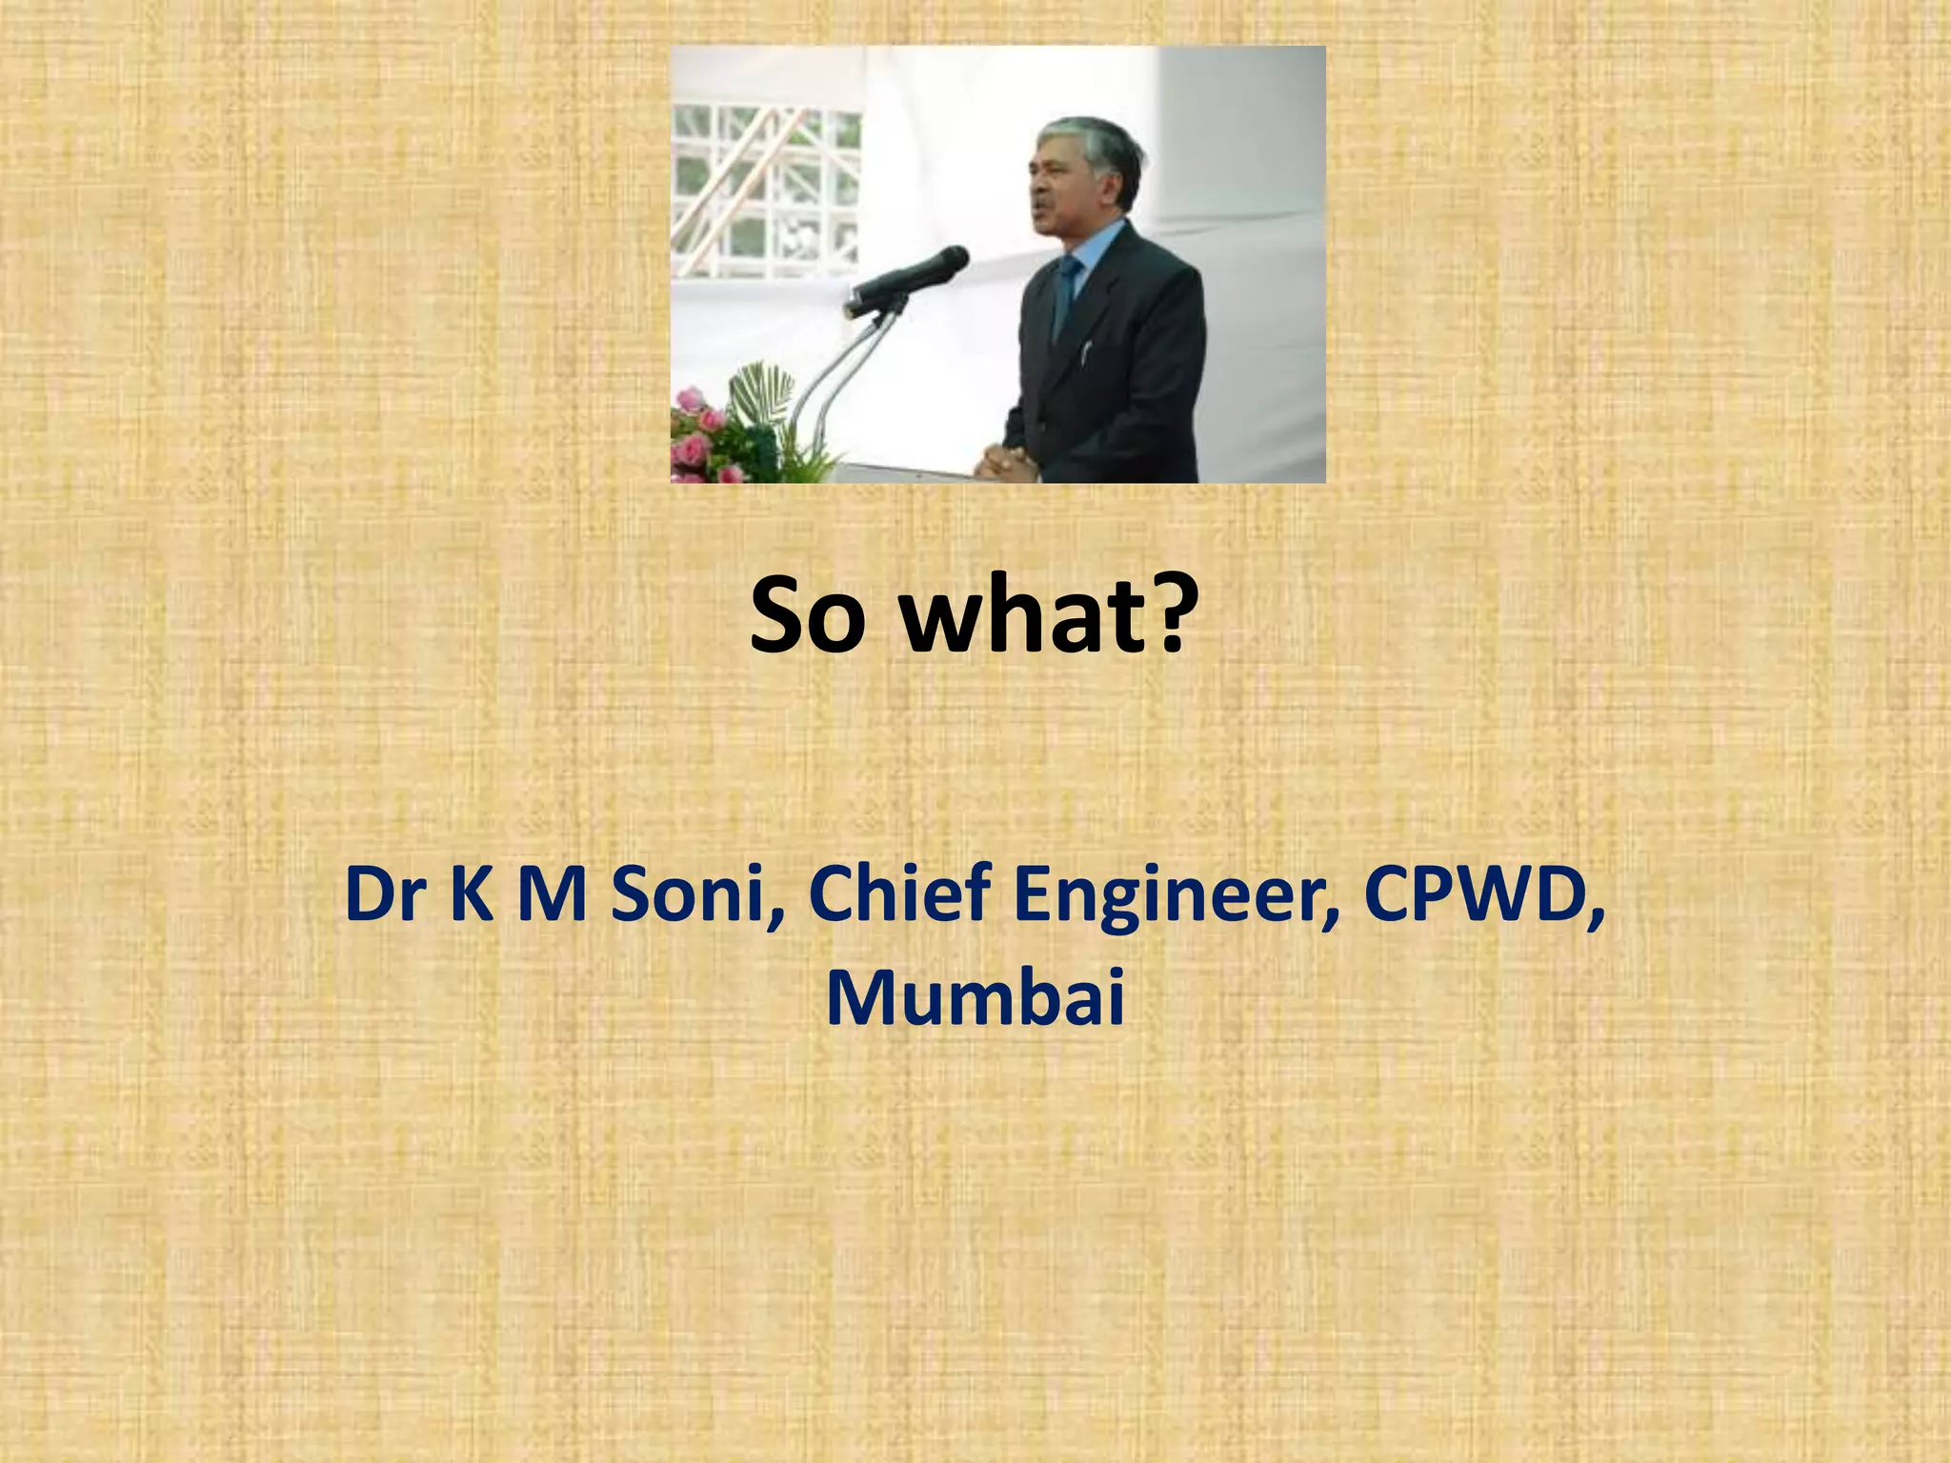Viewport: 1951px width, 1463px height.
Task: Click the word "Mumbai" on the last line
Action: (x=975, y=998)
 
